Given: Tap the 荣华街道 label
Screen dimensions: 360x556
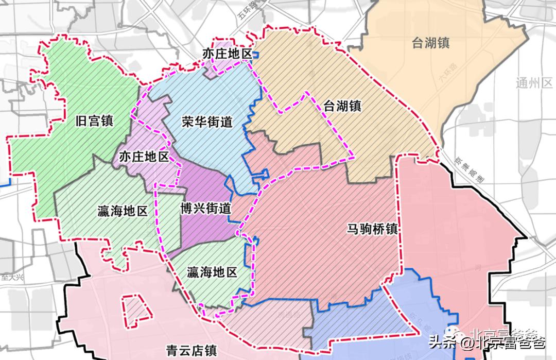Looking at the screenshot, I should coord(207,122).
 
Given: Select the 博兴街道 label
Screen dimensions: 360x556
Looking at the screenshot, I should coord(206,209).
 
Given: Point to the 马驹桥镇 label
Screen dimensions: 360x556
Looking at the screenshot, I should coord(372,229).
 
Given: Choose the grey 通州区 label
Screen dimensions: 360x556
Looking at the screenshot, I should coord(534,83).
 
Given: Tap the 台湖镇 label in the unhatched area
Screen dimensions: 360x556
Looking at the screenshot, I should coord(430,43).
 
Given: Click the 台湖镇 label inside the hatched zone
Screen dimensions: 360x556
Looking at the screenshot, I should coord(342,106).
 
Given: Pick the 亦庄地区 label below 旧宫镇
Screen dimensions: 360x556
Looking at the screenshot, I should coord(144,157).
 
